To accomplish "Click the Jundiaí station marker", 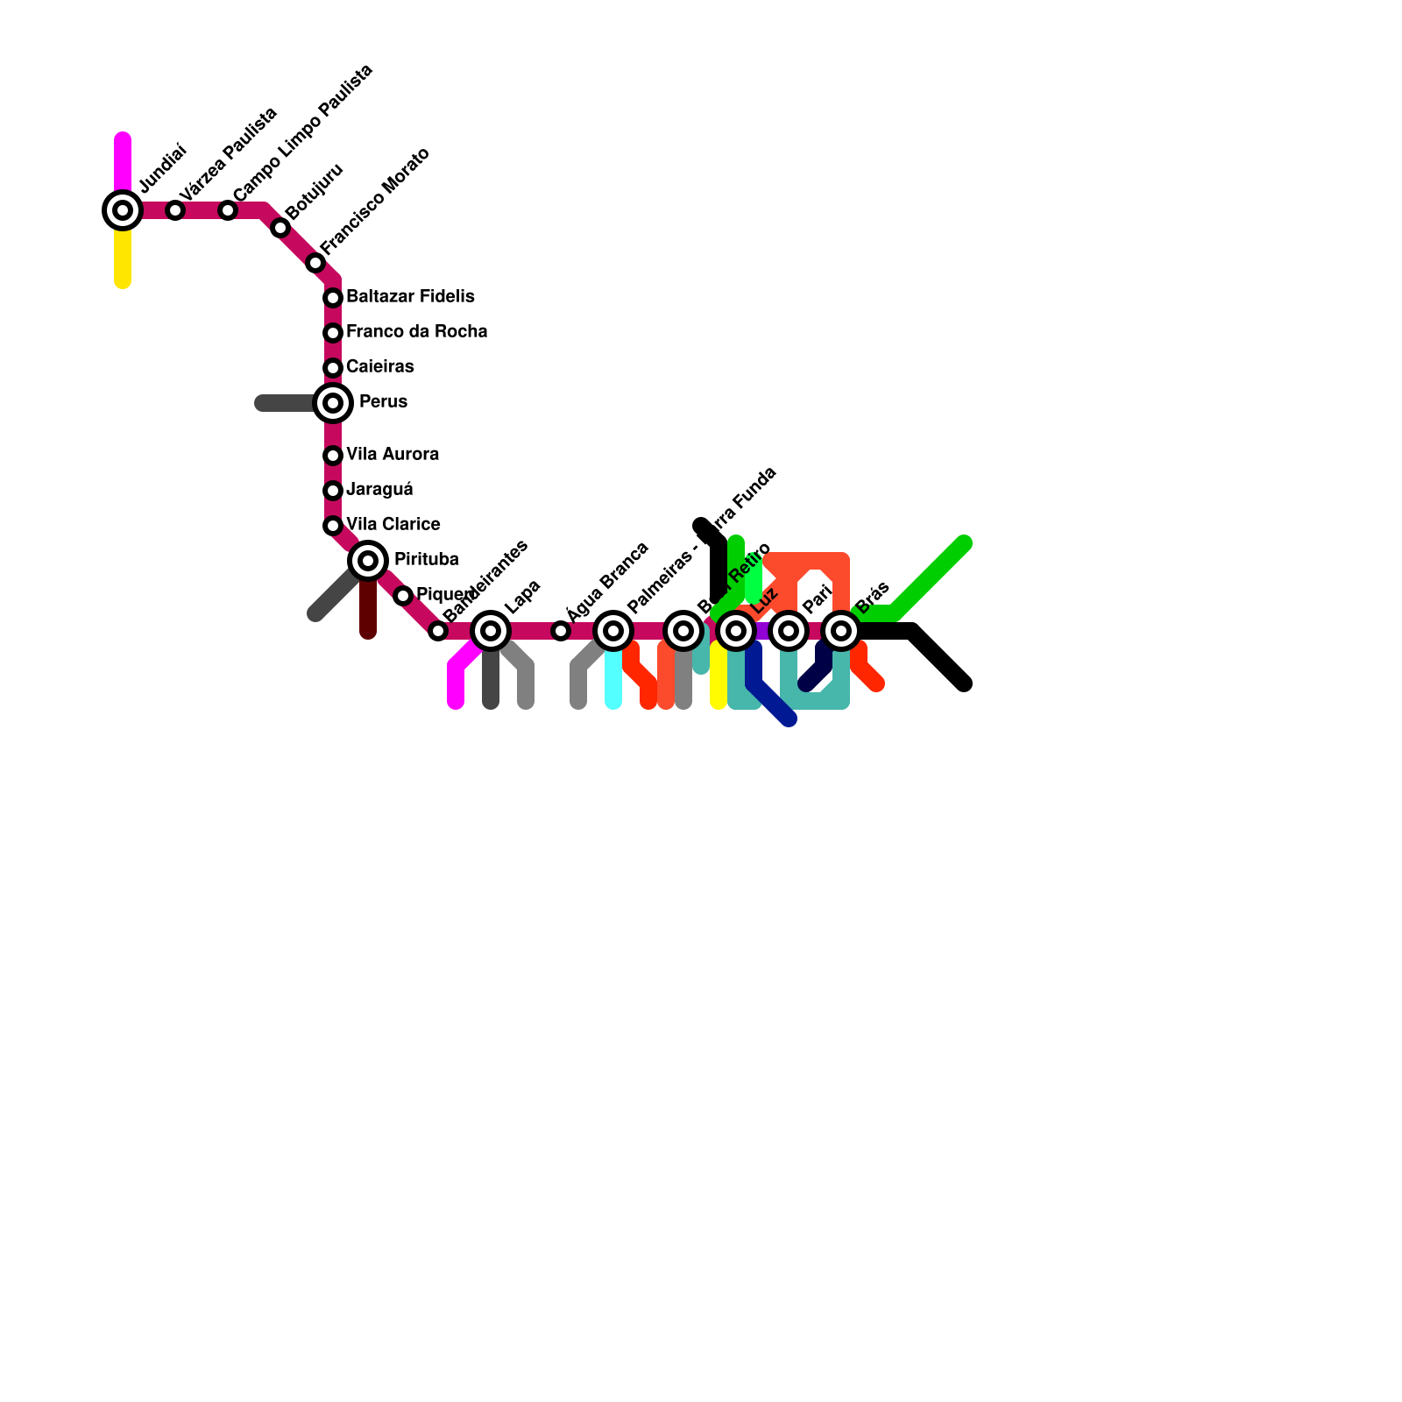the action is pos(123,210).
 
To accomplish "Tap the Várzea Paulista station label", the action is pos(229,154).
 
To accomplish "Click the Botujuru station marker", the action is pos(280,228).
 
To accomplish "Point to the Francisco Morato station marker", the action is pos(315,263).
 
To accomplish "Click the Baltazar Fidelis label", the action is pos(410,297).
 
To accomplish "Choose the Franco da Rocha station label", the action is pos(416,332).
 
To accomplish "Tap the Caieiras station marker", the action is pos(333,368).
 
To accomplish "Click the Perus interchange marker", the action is pos(333,403).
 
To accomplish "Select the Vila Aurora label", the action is pos(393,455).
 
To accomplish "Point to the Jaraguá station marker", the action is pos(333,491).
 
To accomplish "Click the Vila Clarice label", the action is pos(393,525).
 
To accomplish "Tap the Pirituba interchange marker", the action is pos(368,561).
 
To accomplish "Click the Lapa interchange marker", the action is pos(491,631).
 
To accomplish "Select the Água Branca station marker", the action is pos(561,631).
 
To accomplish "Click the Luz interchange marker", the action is pos(736,631).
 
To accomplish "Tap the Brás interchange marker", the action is pos(841,631).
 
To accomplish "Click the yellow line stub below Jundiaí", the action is pos(123,258).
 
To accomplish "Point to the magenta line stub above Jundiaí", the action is pos(123,162).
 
